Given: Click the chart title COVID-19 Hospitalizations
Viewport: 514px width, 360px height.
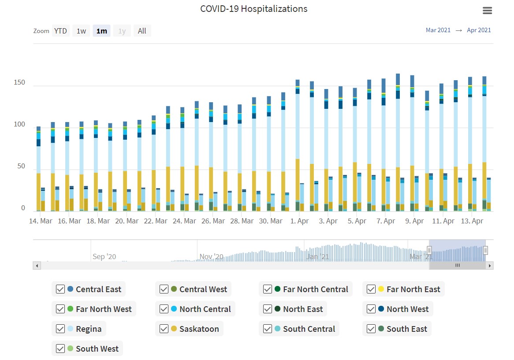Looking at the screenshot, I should click(x=253, y=9).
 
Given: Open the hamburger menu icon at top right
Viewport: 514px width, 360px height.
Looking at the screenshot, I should click(x=487, y=11).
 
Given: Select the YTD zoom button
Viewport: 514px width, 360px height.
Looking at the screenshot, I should click(x=60, y=31).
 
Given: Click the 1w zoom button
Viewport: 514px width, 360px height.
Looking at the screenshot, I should click(x=81, y=31).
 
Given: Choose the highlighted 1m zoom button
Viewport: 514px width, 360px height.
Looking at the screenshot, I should click(x=101, y=31).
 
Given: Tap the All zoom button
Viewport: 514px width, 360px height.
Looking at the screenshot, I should click(x=142, y=31).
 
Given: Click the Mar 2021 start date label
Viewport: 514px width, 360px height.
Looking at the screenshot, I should click(x=438, y=30).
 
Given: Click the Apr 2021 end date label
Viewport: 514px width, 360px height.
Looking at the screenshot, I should click(x=479, y=30).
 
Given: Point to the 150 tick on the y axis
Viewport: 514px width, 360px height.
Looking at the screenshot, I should click(x=19, y=83).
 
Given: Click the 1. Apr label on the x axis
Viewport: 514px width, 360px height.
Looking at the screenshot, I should click(x=299, y=221).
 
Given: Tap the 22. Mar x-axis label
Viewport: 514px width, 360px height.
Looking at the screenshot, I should click(x=156, y=221).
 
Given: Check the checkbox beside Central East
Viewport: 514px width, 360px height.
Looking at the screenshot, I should click(x=60, y=289).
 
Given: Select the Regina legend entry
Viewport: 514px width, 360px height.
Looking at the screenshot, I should click(x=88, y=329).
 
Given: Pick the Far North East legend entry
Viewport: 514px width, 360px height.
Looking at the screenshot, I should click(x=413, y=289).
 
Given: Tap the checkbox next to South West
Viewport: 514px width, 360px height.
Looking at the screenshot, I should click(x=60, y=349).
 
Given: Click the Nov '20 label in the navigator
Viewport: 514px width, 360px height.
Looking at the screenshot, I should click(x=212, y=256).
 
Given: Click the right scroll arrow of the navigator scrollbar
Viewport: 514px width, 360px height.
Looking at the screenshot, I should click(x=489, y=266).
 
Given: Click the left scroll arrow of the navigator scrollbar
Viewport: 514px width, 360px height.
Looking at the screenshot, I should click(x=37, y=266).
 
